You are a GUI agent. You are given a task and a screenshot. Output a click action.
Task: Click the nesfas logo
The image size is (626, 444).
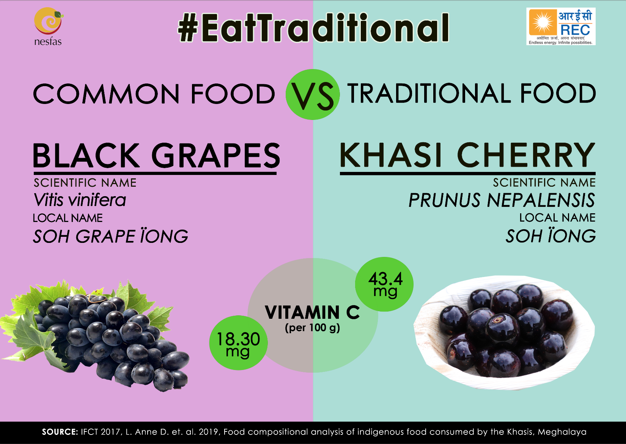(48, 26)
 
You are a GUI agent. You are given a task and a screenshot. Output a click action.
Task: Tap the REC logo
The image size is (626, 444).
(561, 26)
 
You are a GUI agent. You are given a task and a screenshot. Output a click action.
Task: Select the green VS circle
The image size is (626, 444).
(313, 94)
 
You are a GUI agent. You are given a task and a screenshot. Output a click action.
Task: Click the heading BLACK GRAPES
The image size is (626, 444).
(156, 156)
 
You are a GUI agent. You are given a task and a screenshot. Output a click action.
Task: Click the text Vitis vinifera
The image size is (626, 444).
(80, 200)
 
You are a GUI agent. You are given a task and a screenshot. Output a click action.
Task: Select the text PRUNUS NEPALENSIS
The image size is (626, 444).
(502, 200)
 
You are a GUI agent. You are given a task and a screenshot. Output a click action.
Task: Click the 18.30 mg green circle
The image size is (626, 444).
(238, 343)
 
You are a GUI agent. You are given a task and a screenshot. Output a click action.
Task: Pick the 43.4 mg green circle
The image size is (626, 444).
(384, 284)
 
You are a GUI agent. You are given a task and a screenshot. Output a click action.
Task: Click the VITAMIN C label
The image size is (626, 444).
(313, 312)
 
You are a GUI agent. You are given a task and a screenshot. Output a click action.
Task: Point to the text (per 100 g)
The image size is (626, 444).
(313, 328)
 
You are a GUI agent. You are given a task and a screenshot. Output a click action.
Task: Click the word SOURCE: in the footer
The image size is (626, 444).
(60, 432)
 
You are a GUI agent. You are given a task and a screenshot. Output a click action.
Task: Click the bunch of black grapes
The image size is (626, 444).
(95, 335)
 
